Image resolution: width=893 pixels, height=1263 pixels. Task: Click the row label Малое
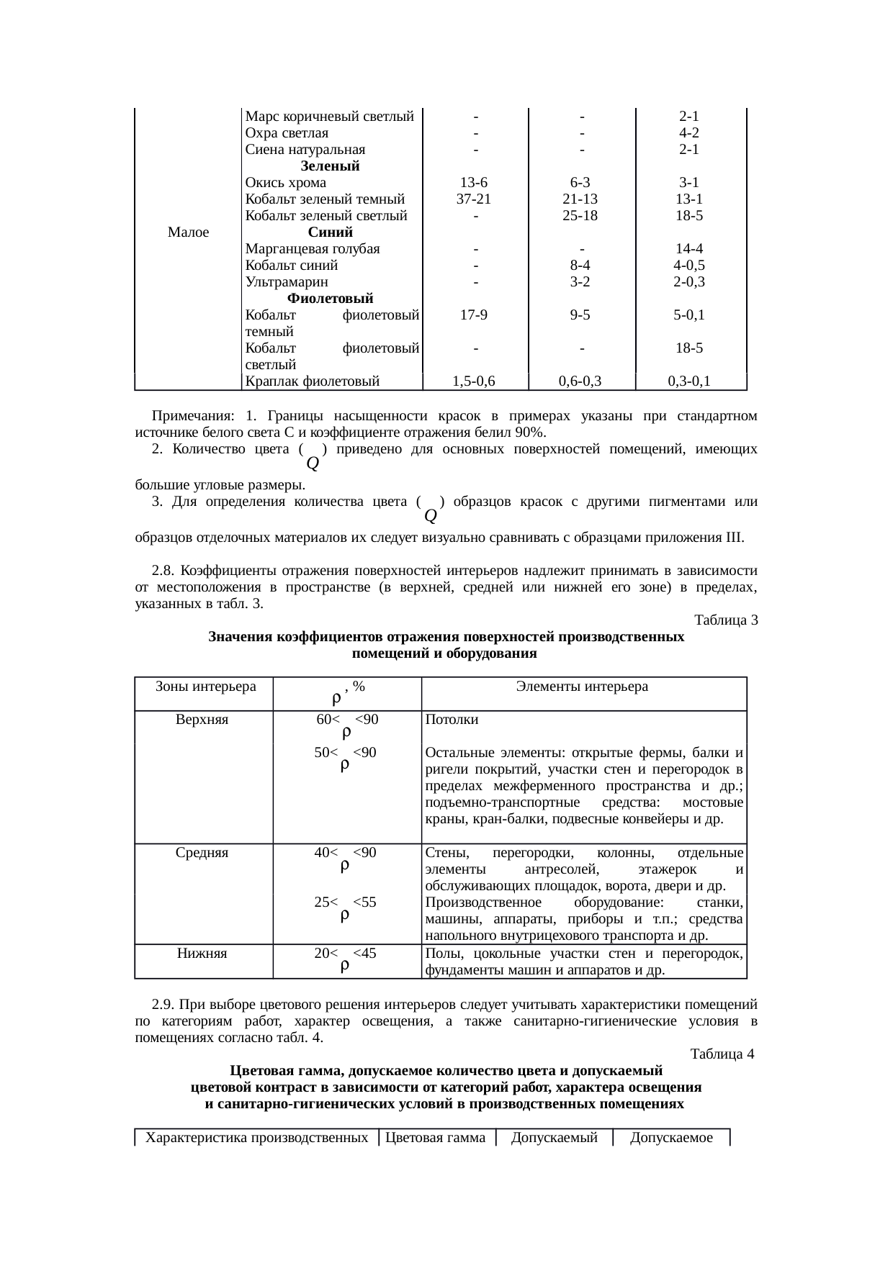pyautogui.click(x=187, y=232)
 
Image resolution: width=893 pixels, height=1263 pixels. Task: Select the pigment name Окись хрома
pyautogui.click(x=285, y=183)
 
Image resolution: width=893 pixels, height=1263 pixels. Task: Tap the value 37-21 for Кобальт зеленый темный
pyautogui.click(x=474, y=199)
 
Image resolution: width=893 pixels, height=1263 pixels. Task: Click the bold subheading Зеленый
pyautogui.click(x=330, y=166)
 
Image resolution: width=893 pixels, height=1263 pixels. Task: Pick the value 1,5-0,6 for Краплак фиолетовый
pyautogui.click(x=474, y=382)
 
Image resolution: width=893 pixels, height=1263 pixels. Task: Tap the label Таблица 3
pyautogui.click(x=725, y=620)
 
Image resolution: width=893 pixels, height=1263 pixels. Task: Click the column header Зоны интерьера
pyautogui.click(x=205, y=687)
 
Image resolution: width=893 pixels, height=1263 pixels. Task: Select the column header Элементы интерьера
pyautogui.click(x=582, y=687)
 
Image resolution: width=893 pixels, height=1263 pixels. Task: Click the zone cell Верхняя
pyautogui.click(x=202, y=720)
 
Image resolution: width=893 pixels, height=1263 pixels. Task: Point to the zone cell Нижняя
pyautogui.click(x=202, y=954)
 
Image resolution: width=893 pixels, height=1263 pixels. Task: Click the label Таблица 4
pyautogui.click(x=722, y=1054)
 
